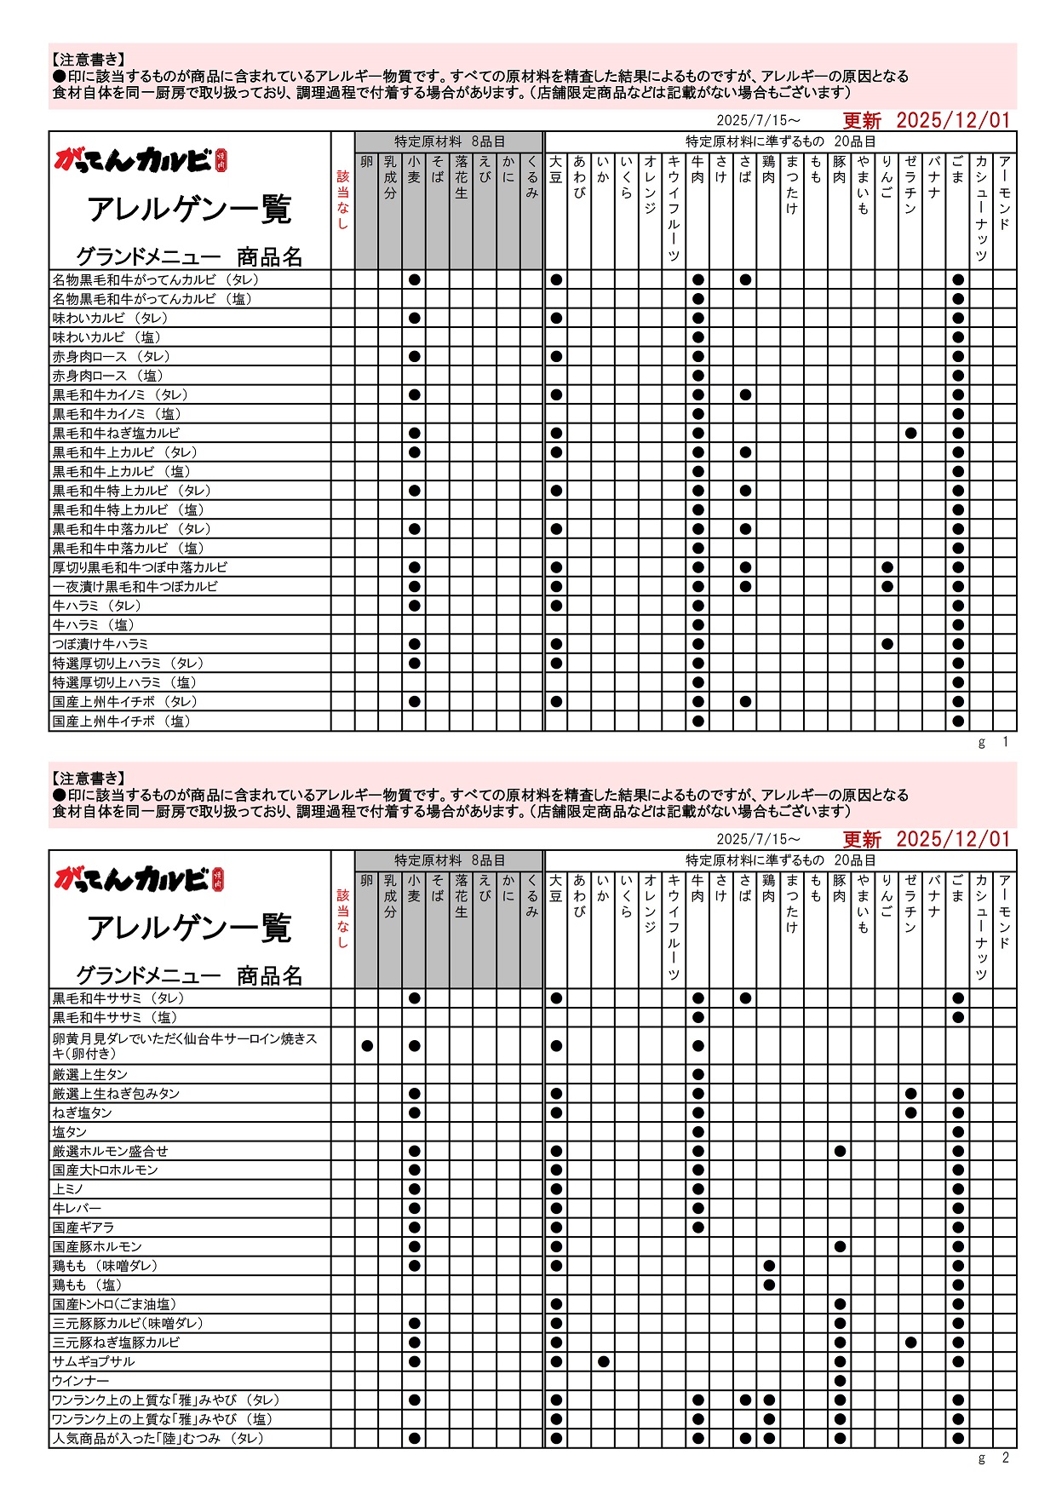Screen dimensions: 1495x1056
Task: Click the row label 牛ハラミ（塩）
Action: click(x=94, y=625)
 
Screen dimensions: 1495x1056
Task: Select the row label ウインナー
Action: click(x=81, y=1381)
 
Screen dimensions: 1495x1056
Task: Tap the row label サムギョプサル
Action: click(x=94, y=1361)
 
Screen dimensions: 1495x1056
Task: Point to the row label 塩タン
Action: click(x=70, y=1132)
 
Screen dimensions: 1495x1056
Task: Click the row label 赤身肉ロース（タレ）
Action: click(x=112, y=357)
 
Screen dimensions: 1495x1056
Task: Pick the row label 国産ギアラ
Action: click(x=83, y=1228)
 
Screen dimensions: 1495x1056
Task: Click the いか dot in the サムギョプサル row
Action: click(x=604, y=1361)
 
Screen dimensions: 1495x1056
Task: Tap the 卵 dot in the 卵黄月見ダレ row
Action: click(x=367, y=1046)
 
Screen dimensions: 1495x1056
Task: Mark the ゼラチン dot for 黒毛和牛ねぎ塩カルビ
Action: click(x=911, y=434)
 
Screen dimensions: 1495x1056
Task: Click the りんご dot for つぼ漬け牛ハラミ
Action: click(x=887, y=644)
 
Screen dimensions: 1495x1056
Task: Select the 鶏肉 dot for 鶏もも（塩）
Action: click(x=769, y=1285)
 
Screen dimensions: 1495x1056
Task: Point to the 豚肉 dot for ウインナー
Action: click(x=841, y=1381)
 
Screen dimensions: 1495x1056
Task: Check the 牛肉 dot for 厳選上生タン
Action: click(x=698, y=1075)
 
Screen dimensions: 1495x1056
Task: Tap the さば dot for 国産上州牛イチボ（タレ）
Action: click(x=746, y=702)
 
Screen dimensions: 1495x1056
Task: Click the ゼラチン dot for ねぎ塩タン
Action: click(x=911, y=1113)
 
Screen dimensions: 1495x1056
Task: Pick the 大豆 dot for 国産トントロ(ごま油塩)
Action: click(x=557, y=1304)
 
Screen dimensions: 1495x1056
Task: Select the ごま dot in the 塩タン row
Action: click(x=958, y=1132)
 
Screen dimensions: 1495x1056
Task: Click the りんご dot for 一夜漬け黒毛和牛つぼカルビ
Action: click(x=887, y=587)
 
